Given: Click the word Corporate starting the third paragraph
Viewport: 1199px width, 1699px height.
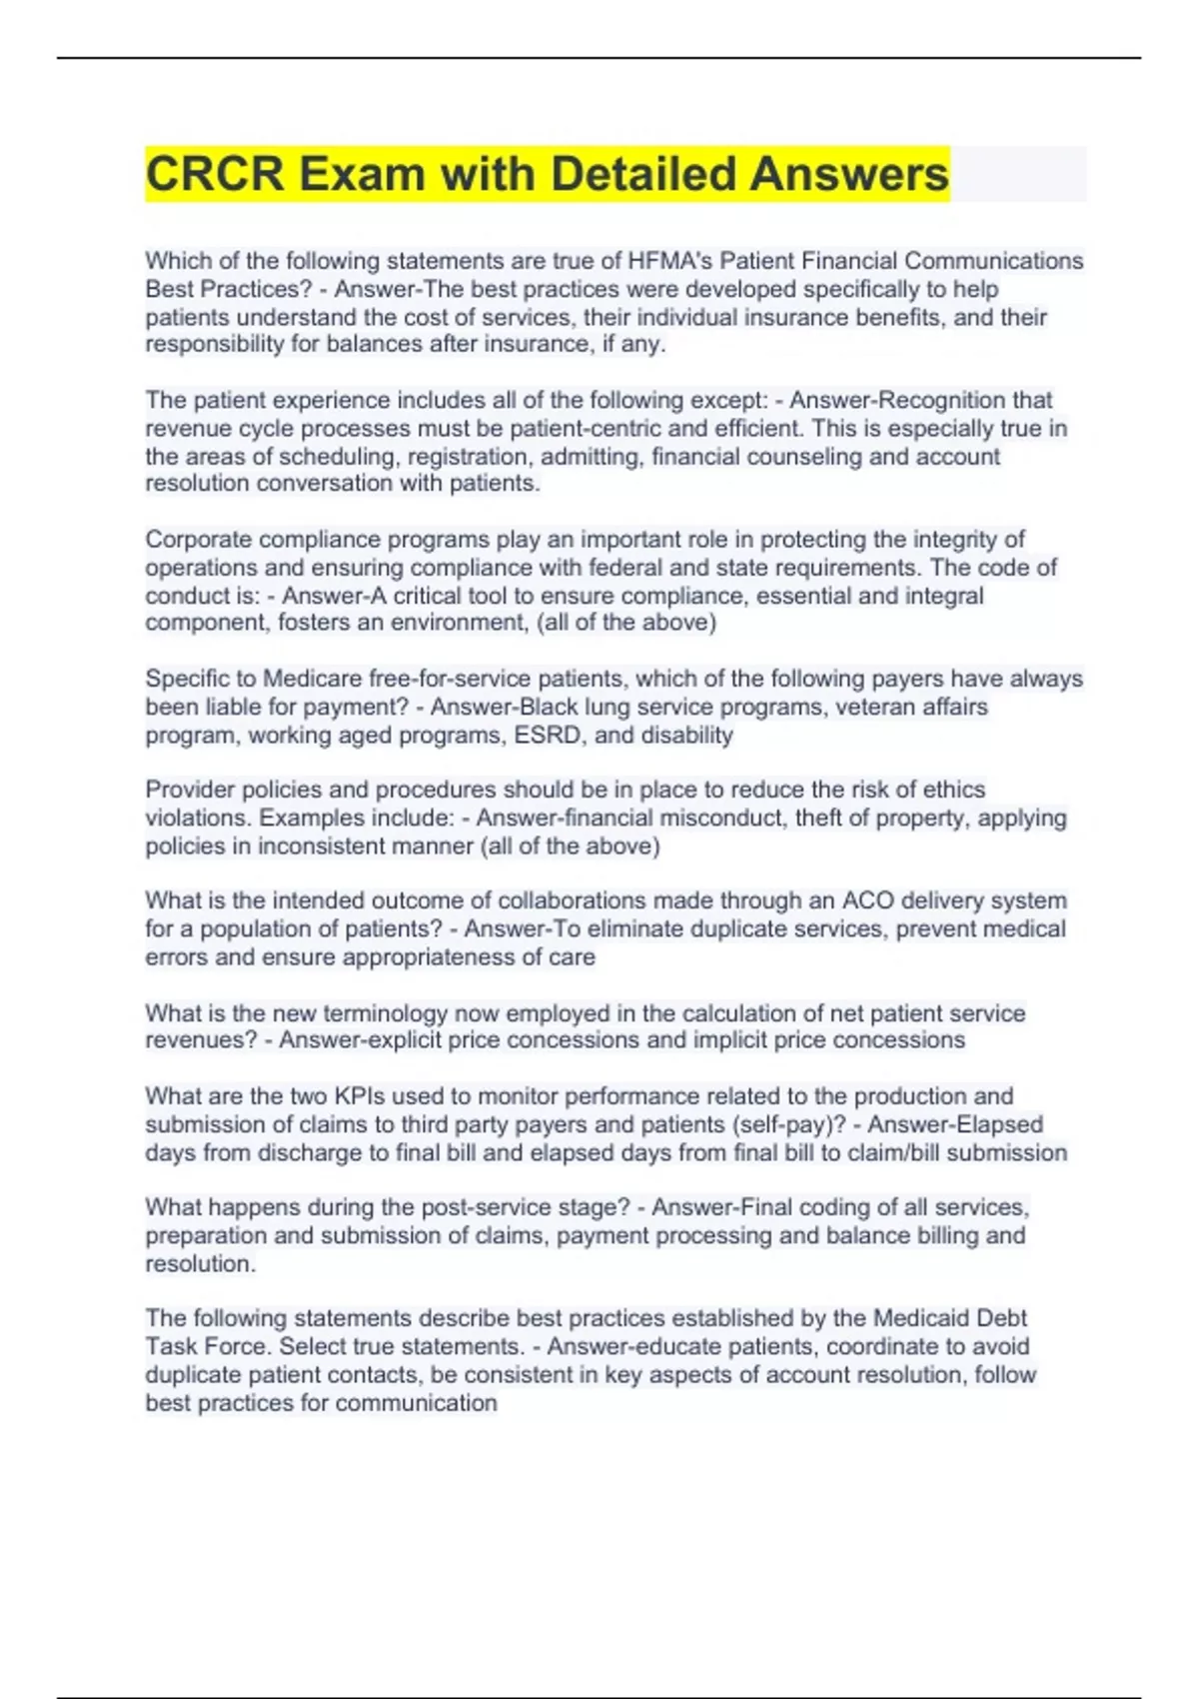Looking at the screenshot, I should (x=197, y=540).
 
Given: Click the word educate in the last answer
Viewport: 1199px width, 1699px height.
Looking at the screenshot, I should (x=669, y=1346).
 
